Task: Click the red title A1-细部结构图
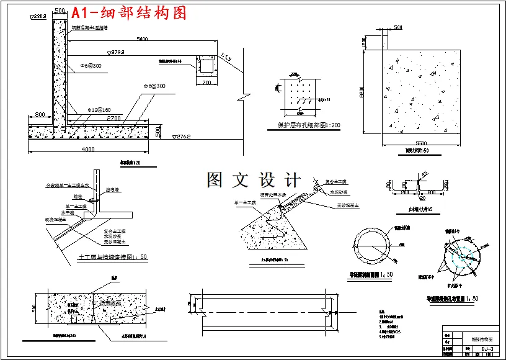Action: [129, 12]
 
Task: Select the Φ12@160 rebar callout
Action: [99, 109]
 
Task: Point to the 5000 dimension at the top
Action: [142, 39]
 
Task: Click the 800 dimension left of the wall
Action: [40, 115]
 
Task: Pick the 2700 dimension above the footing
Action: [113, 118]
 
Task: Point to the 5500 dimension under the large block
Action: [422, 143]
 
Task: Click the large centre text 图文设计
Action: [253, 180]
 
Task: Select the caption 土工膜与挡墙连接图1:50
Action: [113, 256]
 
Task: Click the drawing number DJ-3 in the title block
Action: [487, 350]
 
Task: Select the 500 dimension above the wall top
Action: [60, 11]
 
